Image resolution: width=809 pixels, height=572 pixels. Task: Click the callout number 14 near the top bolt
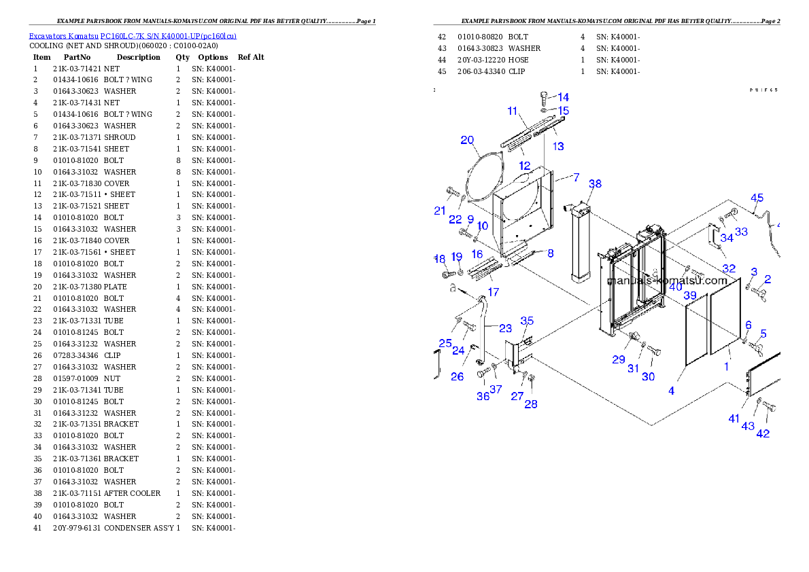tap(564, 98)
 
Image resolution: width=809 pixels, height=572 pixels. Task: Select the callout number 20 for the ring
tap(467, 141)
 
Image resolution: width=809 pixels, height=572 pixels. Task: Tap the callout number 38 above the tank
tap(595, 184)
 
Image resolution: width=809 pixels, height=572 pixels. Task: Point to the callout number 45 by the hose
tap(757, 198)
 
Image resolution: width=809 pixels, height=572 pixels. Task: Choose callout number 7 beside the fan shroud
tap(576, 177)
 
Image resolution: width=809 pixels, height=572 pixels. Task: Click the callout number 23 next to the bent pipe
tap(505, 328)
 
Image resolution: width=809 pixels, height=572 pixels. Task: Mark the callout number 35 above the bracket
tap(527, 321)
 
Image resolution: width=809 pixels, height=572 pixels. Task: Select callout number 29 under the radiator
tap(618, 359)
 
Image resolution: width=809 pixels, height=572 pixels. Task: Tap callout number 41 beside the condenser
tap(734, 419)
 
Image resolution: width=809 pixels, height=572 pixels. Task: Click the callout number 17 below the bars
tap(494, 292)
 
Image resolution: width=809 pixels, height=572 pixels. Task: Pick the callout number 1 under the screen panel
tap(726, 366)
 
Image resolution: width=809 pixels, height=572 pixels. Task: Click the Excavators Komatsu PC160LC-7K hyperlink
tap(133, 36)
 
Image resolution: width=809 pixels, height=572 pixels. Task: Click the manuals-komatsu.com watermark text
tap(667, 280)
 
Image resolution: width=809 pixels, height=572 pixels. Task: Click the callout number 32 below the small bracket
tap(729, 268)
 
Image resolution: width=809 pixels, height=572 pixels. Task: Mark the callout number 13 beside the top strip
tap(557, 146)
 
